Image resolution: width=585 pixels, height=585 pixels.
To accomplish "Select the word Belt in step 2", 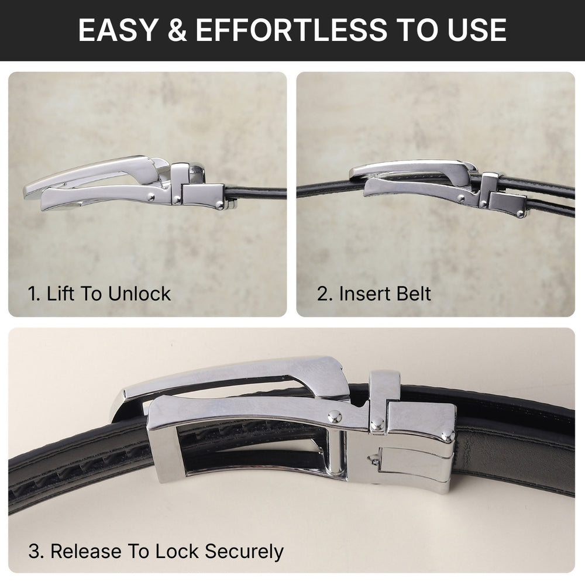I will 412,293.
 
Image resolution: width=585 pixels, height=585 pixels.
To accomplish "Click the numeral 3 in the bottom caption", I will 34,550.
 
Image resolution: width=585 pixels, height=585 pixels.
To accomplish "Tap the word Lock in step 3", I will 170,550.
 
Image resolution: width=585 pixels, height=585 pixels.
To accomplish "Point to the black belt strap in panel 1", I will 257,192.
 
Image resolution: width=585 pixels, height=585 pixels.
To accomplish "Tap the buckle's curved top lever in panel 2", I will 409,168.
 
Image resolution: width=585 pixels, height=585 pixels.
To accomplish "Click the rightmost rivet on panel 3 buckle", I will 447,436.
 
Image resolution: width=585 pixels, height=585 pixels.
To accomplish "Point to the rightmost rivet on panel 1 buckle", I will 219,204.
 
